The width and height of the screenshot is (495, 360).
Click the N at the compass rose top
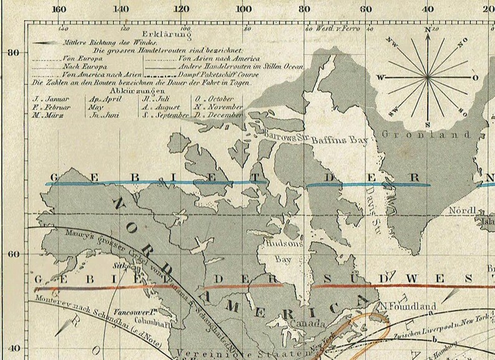click(x=428, y=29)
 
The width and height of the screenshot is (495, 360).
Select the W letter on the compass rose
click(x=380, y=77)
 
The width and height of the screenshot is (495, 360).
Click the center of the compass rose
click(x=428, y=77)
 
